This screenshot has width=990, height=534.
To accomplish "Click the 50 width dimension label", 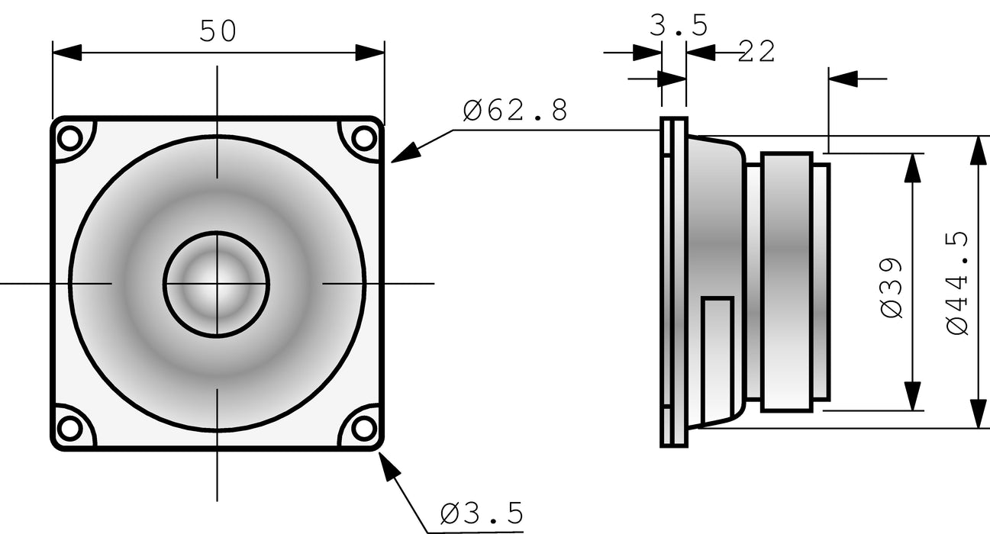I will tap(218, 31).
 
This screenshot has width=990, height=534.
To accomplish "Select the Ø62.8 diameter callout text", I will tap(516, 111).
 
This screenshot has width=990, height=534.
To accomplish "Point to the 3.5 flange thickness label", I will tap(679, 26).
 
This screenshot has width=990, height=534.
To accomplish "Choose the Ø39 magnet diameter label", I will tap(892, 288).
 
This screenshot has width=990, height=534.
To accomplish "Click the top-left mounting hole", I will tap(70, 139).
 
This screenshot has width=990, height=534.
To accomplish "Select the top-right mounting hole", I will tap(364, 139).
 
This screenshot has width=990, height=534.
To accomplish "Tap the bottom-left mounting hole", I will tap(70, 428).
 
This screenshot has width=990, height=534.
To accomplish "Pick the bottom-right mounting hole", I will tap(364, 428).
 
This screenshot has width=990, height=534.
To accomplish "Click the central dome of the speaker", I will tap(217, 283).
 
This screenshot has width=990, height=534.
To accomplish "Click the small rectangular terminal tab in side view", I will tap(718, 343).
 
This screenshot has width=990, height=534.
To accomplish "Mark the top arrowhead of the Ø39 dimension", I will tap(912, 167).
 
